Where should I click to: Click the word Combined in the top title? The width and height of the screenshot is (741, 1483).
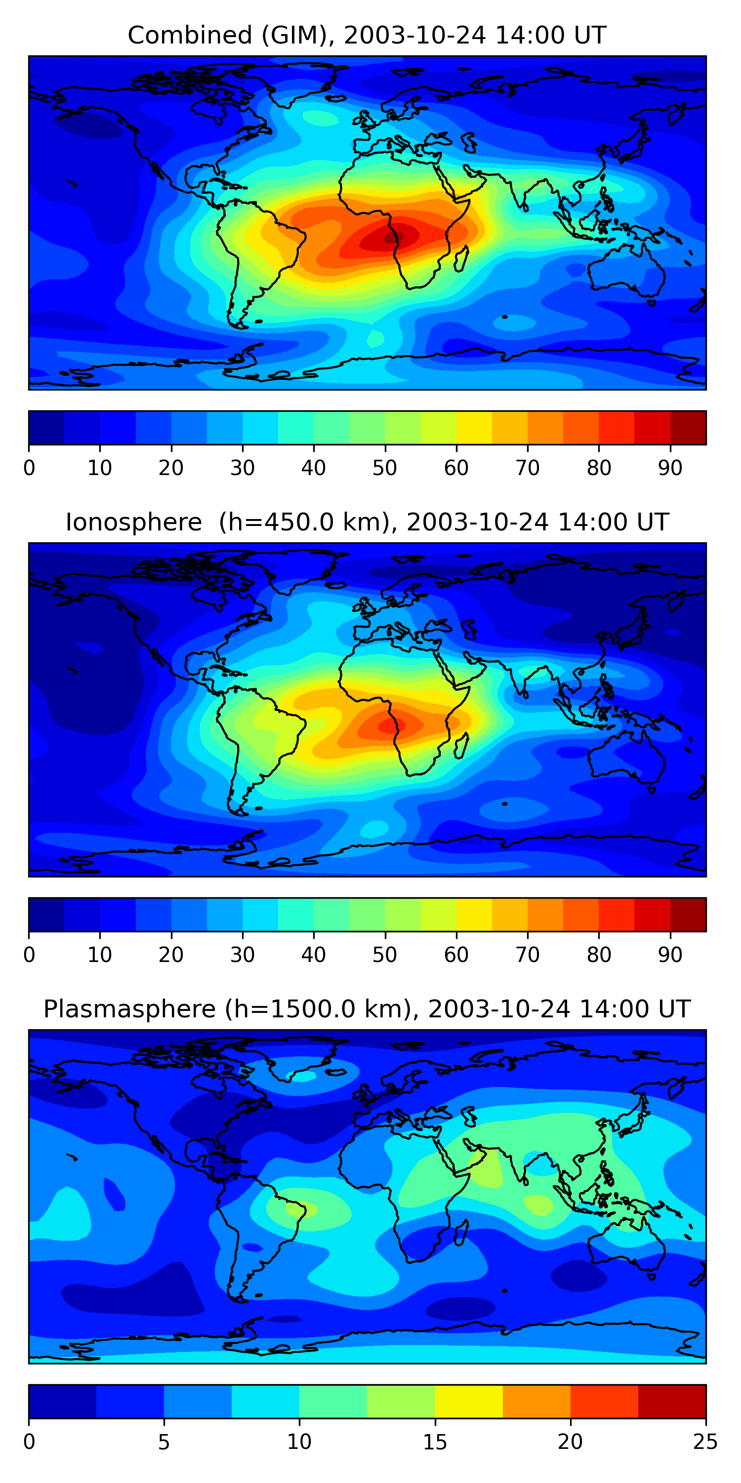pos(189,36)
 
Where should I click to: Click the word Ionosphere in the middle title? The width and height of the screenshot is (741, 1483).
pos(133,522)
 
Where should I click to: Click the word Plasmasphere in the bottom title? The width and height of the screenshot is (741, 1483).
pos(129,1009)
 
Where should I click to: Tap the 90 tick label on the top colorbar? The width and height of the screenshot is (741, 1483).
pos(670,468)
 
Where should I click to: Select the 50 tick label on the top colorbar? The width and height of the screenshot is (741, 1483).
pos(385,468)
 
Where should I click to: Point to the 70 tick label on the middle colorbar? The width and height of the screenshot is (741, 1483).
pos(528,955)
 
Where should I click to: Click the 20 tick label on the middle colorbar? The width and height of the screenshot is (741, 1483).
pos(171,955)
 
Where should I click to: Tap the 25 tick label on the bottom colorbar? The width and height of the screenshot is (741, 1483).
pos(705,1441)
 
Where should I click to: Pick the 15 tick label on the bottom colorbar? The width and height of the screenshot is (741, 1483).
pos(435,1441)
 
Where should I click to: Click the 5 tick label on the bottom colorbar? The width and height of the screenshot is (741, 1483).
pos(164,1441)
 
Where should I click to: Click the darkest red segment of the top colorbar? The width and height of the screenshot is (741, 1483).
pos(688,428)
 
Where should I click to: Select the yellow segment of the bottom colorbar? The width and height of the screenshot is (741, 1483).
pos(469,1401)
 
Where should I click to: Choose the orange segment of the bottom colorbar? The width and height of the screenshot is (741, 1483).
pos(537,1401)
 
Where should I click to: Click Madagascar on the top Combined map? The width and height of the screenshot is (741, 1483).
pos(461,259)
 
